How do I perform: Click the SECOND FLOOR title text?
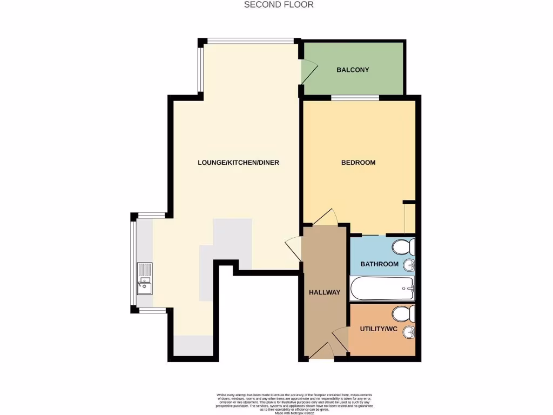[x=279, y=5]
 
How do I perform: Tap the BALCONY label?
[x=353, y=70]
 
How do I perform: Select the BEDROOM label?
[x=358, y=162]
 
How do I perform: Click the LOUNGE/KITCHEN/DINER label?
[x=238, y=162]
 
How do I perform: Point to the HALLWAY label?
[x=325, y=292]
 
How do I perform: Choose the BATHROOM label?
[x=379, y=264]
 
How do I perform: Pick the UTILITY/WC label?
[x=379, y=328]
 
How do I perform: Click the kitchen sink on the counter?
[x=145, y=278]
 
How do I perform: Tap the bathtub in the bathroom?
[x=382, y=288]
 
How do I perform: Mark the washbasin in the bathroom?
[x=409, y=265]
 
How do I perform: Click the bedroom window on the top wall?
[x=355, y=98]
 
